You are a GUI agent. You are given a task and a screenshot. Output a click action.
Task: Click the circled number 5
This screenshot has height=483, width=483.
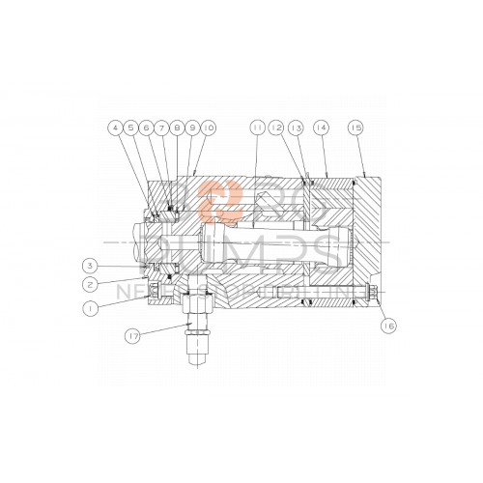tap(130, 127)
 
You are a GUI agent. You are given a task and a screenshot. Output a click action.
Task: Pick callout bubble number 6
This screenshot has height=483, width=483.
tap(147, 127)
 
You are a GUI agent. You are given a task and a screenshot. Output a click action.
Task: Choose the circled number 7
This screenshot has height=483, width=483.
tap(162, 127)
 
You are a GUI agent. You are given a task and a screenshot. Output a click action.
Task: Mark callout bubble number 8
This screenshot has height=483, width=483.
tap(178, 127)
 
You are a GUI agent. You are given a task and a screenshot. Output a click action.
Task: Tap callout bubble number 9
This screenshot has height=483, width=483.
tap(193, 127)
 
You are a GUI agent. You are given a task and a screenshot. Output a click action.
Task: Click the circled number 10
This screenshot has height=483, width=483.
tap(210, 127)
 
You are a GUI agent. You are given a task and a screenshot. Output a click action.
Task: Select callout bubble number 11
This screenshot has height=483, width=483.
tap(257, 127)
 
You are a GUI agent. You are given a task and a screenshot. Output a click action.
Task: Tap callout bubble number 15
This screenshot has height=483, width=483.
tap(356, 127)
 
